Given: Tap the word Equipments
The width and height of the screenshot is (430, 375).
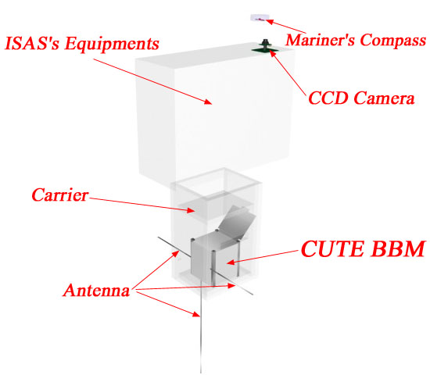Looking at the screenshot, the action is click(112, 44).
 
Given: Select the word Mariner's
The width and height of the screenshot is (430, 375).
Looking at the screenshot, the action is click(321, 40).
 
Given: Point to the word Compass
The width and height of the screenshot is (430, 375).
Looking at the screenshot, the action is click(392, 41).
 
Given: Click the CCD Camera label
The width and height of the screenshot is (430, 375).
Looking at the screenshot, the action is click(361, 98).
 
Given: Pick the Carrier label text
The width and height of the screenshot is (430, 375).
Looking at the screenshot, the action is click(60, 195).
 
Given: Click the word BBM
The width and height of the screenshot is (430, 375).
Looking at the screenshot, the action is click(397, 249).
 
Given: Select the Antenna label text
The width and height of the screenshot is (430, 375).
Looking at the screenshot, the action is click(96, 290).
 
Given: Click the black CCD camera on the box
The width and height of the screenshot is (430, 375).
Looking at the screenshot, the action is click(265, 44).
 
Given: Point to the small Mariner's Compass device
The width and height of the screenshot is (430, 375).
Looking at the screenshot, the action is click(258, 18).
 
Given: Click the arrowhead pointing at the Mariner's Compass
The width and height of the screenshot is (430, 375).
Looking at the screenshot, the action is click(269, 22).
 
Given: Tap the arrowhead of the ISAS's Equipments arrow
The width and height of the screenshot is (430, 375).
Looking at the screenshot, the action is click(209, 102).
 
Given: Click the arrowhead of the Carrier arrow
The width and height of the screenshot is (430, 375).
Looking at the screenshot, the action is click(191, 210).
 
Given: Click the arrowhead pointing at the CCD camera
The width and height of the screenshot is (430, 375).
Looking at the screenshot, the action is click(272, 53).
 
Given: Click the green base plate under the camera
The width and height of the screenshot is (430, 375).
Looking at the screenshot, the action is click(265, 50).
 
